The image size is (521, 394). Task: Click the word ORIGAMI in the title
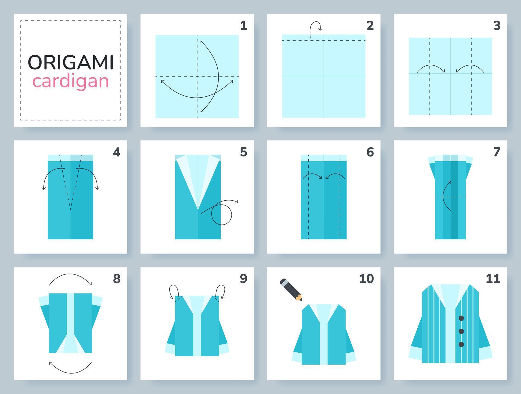tap(71, 62)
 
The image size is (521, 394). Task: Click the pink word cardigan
tap(71, 81)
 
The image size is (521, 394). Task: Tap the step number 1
tap(243, 25)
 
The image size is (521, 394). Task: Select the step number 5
tap(243, 152)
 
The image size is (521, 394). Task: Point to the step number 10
tap(366, 279)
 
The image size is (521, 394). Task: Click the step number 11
tap(493, 279)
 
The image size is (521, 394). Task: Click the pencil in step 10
tap(291, 289)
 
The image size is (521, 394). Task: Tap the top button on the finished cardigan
tap(461, 318)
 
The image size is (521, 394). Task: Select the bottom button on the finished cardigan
tap(461, 344)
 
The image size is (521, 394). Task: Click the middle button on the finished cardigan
tap(461, 331)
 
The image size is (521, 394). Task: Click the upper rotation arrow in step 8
tap(70, 278)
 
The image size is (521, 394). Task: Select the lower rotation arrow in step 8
tap(70, 369)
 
